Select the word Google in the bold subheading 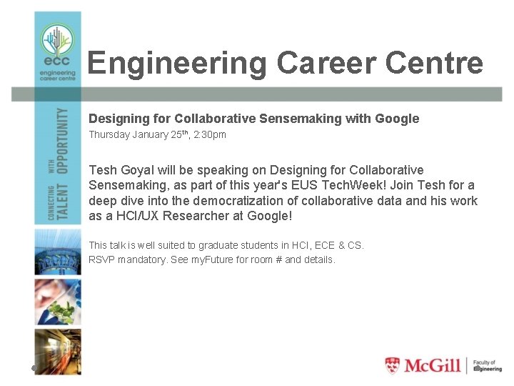click(395, 119)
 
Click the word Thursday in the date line click(110, 134)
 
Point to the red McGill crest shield click(393, 365)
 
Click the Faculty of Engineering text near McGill click(488, 365)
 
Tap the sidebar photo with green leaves click(58, 301)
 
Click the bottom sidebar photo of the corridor click(58, 351)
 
